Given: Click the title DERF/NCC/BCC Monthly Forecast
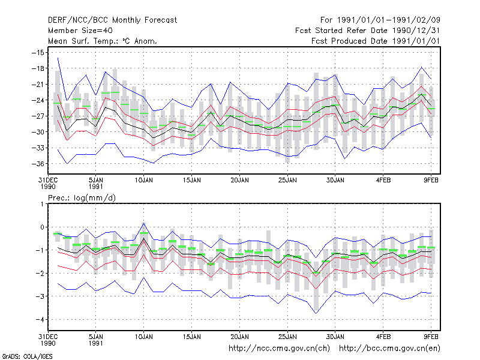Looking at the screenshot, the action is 112,20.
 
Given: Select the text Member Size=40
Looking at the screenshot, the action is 80,31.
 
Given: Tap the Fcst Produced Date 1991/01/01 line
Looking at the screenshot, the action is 376,41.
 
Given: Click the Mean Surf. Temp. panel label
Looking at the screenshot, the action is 103,41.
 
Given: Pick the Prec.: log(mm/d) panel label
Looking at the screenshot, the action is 82,198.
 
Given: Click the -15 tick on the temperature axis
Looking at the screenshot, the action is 38,53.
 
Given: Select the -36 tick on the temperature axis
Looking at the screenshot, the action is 38,164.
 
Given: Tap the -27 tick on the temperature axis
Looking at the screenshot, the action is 38,116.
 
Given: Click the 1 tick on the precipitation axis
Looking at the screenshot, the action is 42,204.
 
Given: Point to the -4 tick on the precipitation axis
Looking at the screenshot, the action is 40,320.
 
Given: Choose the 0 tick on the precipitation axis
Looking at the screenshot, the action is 42,227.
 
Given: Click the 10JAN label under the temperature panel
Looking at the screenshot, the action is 144,180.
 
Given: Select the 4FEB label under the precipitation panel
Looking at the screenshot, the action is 383,337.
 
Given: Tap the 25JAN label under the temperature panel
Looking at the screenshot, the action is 287,180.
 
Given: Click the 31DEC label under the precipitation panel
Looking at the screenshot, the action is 48,337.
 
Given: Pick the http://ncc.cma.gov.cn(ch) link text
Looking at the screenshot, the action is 280,349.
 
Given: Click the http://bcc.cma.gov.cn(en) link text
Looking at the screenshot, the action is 389,349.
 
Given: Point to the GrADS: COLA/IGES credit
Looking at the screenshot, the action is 27,356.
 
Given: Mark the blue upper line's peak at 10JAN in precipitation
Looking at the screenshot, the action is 144,223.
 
